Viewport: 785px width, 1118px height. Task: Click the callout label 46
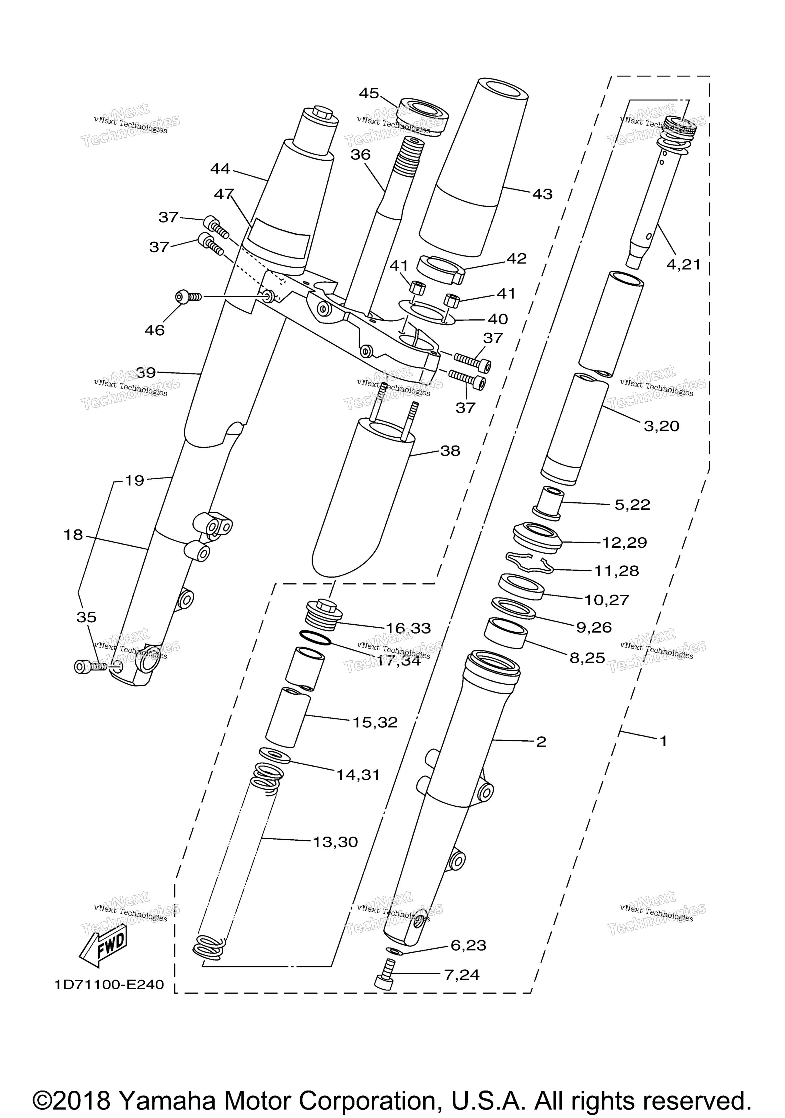155,330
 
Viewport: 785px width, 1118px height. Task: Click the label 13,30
335,842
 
